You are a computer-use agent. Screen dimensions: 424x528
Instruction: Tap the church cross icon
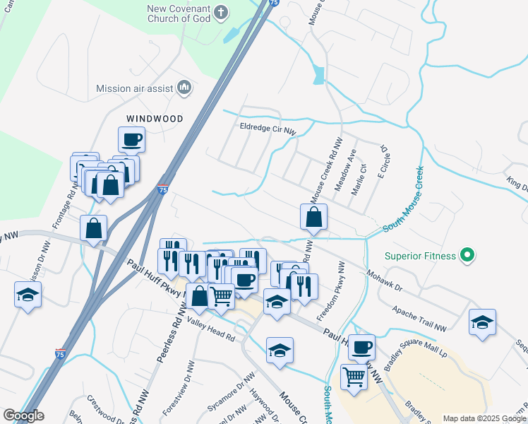coord(221,12)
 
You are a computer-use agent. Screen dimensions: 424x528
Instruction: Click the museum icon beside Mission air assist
coord(185,87)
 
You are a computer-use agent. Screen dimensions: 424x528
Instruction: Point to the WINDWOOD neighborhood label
coord(155,119)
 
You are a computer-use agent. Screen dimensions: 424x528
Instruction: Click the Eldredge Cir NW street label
coord(268,129)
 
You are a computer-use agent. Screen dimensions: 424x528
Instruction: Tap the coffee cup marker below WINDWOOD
coord(131,140)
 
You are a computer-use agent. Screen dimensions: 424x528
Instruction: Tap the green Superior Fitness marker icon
coord(467,256)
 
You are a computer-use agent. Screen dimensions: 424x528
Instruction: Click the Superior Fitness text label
coord(421,256)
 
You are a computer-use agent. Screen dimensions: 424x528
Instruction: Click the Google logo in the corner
coord(23,416)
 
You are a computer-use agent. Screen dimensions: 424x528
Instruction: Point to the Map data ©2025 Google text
coord(484,418)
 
